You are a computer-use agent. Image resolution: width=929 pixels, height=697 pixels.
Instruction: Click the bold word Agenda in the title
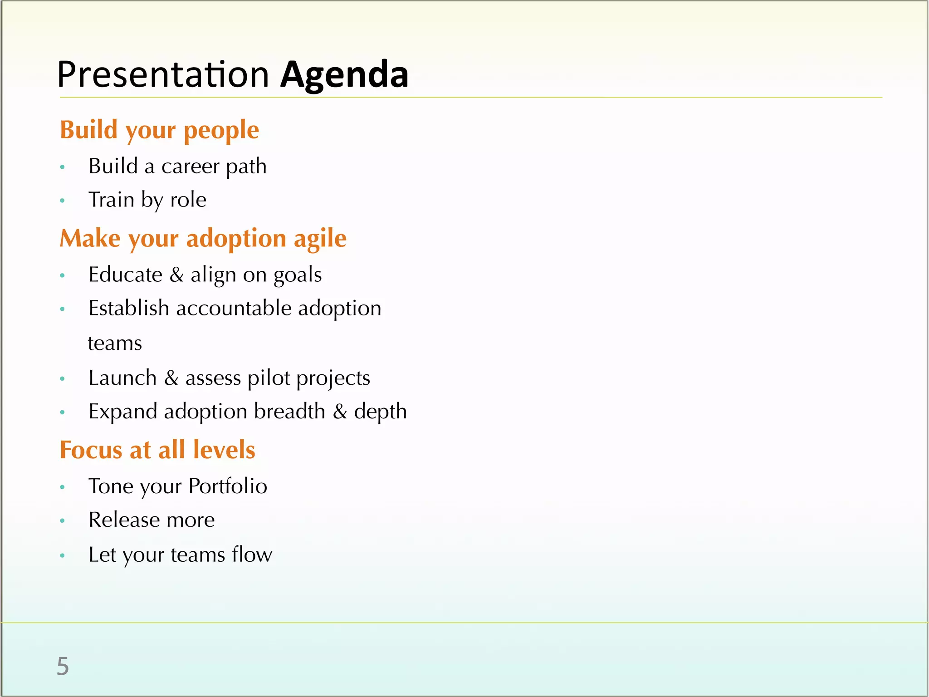344,75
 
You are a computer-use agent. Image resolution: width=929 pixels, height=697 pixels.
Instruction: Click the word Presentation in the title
163,75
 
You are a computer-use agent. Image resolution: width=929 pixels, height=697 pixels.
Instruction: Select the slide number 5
63,667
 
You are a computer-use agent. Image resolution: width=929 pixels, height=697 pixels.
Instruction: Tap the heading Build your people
159,130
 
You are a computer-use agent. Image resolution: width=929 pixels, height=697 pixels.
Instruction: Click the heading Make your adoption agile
203,239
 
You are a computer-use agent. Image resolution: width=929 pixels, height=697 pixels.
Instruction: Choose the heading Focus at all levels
157,450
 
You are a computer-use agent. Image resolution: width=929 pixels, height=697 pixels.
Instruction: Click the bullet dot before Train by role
63,201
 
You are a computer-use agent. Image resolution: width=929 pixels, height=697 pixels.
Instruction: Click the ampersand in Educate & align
176,275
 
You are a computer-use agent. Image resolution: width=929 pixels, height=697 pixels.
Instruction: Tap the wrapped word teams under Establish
115,344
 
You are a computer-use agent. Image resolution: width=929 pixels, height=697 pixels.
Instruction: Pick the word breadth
289,412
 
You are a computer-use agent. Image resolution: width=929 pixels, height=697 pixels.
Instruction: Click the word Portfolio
228,486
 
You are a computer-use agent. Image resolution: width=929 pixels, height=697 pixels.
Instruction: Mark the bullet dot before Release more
63,521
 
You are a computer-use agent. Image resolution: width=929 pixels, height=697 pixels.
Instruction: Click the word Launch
122,378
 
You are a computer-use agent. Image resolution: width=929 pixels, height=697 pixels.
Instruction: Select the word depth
380,412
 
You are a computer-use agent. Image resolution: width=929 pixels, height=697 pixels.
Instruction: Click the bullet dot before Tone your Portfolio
63,487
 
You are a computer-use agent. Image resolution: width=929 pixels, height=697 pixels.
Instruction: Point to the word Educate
125,275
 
